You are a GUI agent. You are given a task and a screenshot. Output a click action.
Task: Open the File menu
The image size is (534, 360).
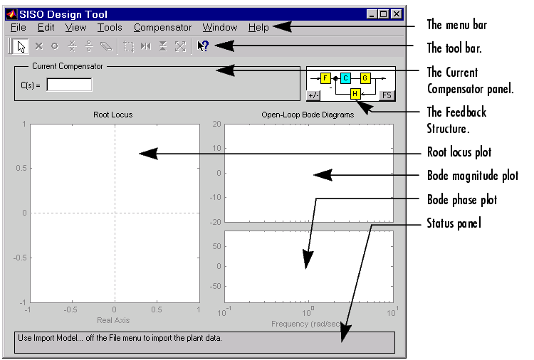tap(19, 27)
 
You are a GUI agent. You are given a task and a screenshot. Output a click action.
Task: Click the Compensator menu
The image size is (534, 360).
tap(162, 27)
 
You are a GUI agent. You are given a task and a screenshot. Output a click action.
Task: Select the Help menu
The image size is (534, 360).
tap(258, 27)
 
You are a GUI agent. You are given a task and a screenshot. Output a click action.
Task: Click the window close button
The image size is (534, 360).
tap(397, 14)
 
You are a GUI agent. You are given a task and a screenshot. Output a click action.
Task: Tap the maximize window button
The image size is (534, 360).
tap(384, 14)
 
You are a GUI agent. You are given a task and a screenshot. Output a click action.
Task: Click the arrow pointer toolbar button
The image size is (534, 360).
tap(21, 47)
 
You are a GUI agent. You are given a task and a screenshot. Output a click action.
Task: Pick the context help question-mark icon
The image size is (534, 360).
tap(203, 46)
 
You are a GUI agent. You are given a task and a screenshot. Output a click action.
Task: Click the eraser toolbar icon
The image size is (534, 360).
tap(106, 46)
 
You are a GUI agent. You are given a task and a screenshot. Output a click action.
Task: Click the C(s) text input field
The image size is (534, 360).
tap(69, 85)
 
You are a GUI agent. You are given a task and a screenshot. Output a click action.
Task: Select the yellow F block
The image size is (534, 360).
tap(325, 78)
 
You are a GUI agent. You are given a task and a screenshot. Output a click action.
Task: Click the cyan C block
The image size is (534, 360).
tap(345, 78)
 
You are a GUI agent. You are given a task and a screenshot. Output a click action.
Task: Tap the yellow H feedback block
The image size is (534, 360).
tap(355, 94)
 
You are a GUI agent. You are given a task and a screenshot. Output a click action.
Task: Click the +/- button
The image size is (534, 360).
tap(313, 95)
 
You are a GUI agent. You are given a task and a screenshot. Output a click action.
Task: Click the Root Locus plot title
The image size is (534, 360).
tap(113, 115)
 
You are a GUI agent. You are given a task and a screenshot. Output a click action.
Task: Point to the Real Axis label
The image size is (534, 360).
tap(113, 320)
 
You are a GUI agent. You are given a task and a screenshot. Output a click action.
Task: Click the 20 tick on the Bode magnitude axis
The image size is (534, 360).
tap(217, 124)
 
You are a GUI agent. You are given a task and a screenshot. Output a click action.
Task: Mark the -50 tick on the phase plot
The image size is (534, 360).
tap(215, 286)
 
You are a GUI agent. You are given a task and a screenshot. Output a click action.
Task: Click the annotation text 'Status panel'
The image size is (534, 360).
tap(454, 223)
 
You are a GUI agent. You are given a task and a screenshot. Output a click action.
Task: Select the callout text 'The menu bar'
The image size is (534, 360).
tap(457, 25)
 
